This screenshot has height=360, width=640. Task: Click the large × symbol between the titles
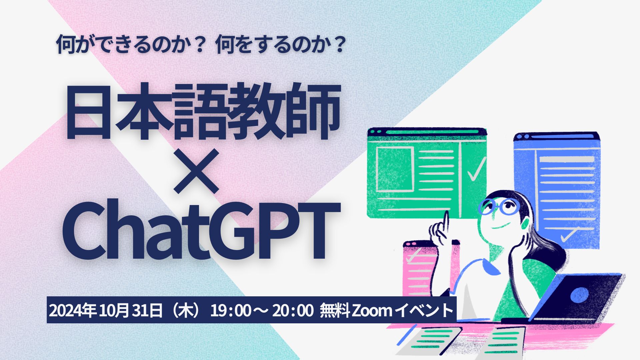point(197,171)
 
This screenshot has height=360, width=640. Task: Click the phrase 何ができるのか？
point(130,45)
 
